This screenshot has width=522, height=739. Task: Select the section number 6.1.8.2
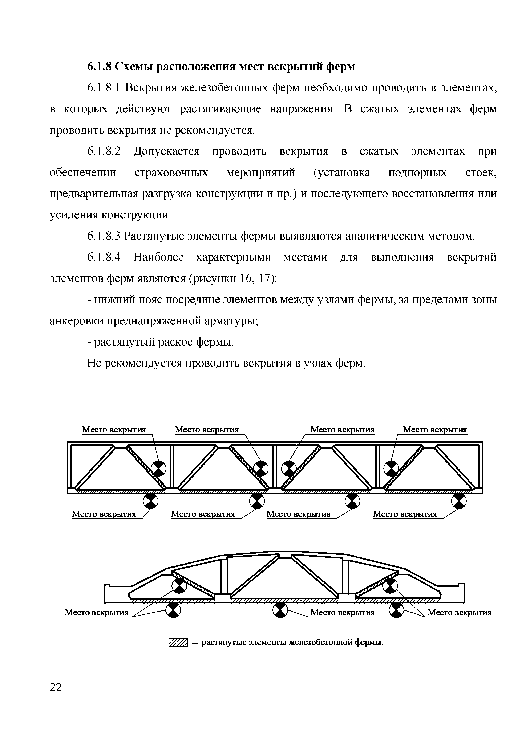(104, 151)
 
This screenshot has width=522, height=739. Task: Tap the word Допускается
(166, 151)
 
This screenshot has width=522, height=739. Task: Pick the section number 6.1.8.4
(104, 257)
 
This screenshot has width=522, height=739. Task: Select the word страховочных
(171, 173)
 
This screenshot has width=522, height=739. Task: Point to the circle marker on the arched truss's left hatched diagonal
(179, 586)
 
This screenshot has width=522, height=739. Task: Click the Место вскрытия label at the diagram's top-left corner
(114, 430)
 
